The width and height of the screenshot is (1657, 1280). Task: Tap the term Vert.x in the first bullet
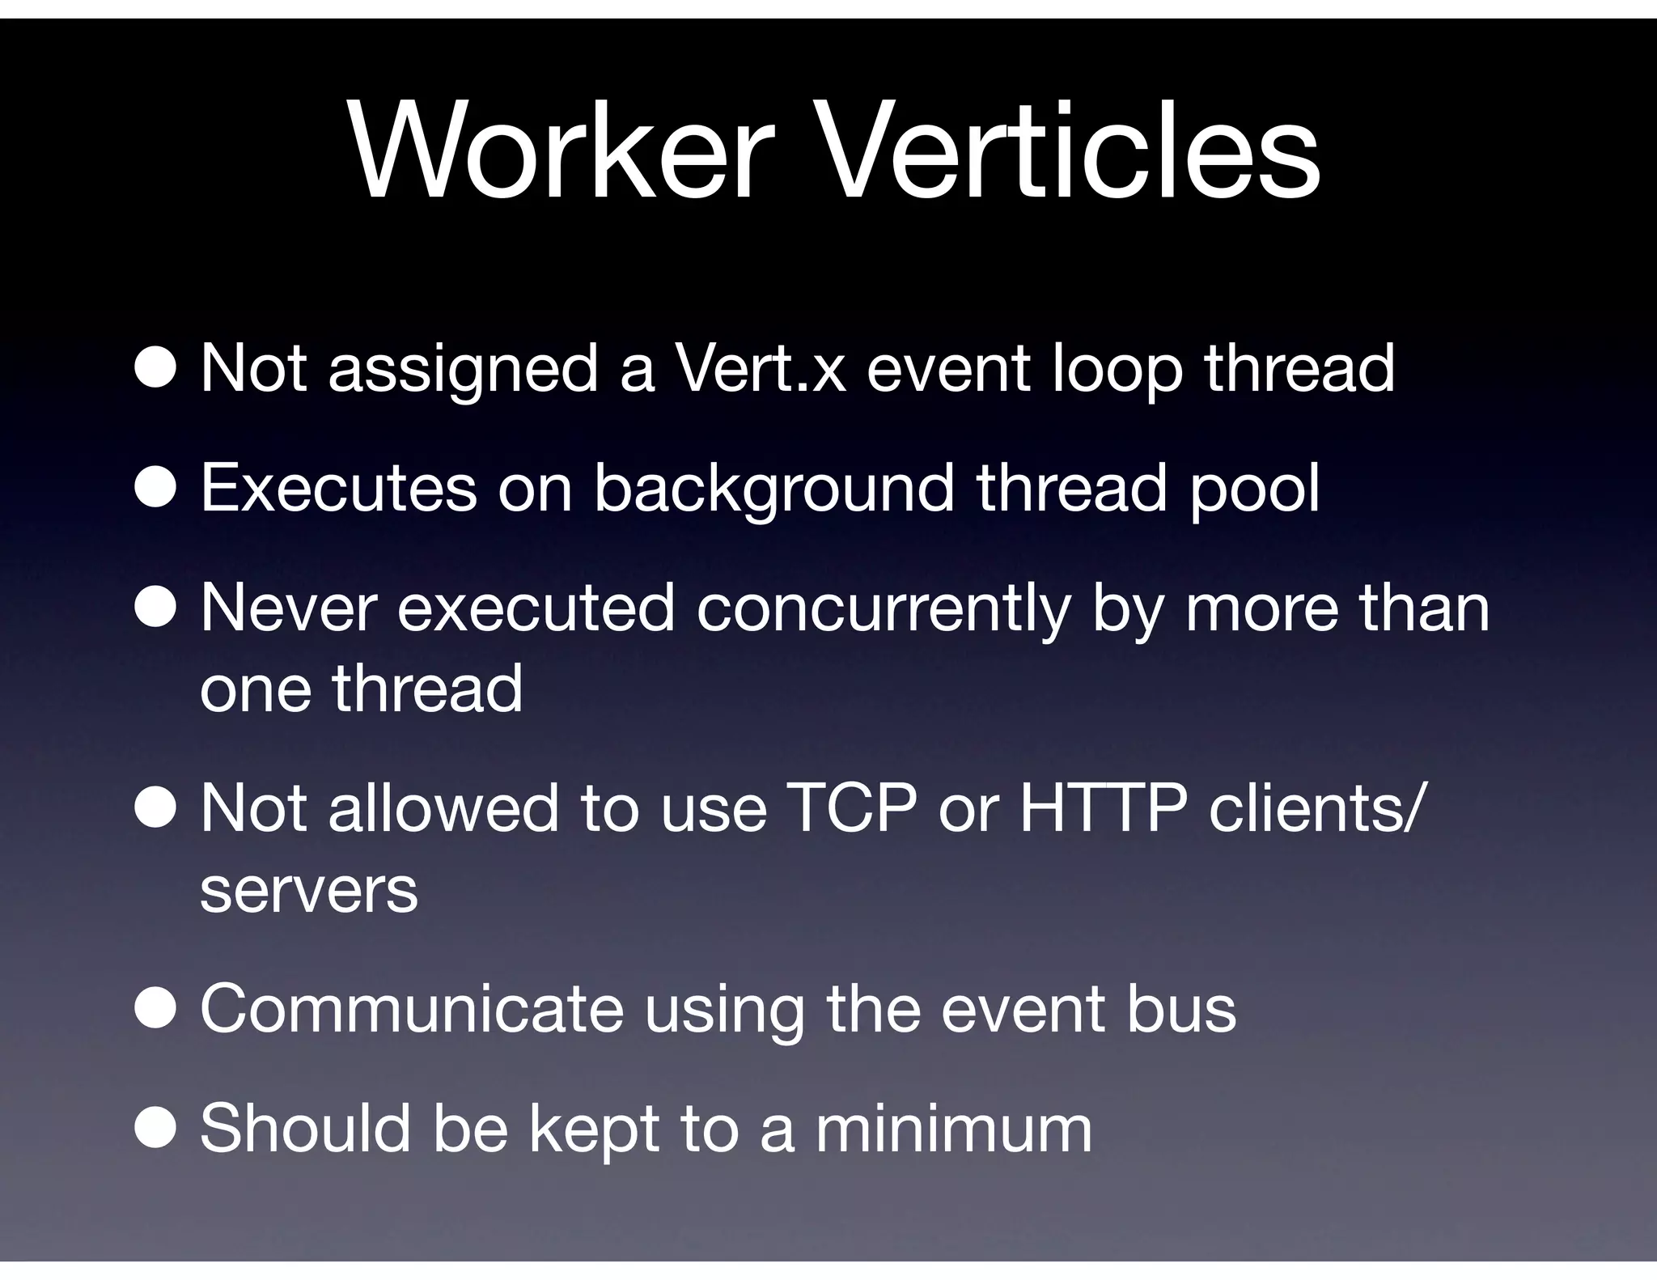761,369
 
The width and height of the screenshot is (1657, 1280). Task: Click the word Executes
338,488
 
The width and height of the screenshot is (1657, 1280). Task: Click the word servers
308,890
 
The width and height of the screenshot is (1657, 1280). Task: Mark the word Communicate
412,1009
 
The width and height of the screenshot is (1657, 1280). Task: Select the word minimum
954,1128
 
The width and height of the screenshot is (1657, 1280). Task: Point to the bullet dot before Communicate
155,1010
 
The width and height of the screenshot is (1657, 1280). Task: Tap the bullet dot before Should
155,1129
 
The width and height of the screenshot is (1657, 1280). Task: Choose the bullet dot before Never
155,608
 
